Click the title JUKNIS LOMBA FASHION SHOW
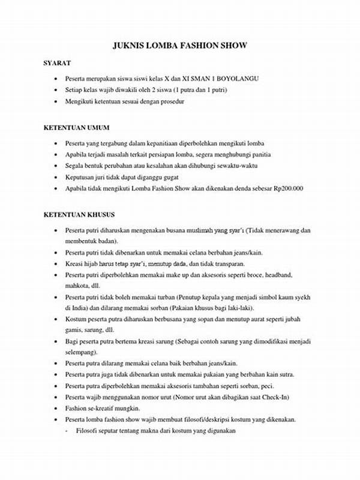(x=179, y=46)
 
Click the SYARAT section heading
(x=58, y=63)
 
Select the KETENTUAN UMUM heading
(x=76, y=128)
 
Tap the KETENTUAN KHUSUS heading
(x=79, y=214)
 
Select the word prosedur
(x=169, y=101)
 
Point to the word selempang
(x=81, y=352)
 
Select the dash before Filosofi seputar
(x=67, y=430)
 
